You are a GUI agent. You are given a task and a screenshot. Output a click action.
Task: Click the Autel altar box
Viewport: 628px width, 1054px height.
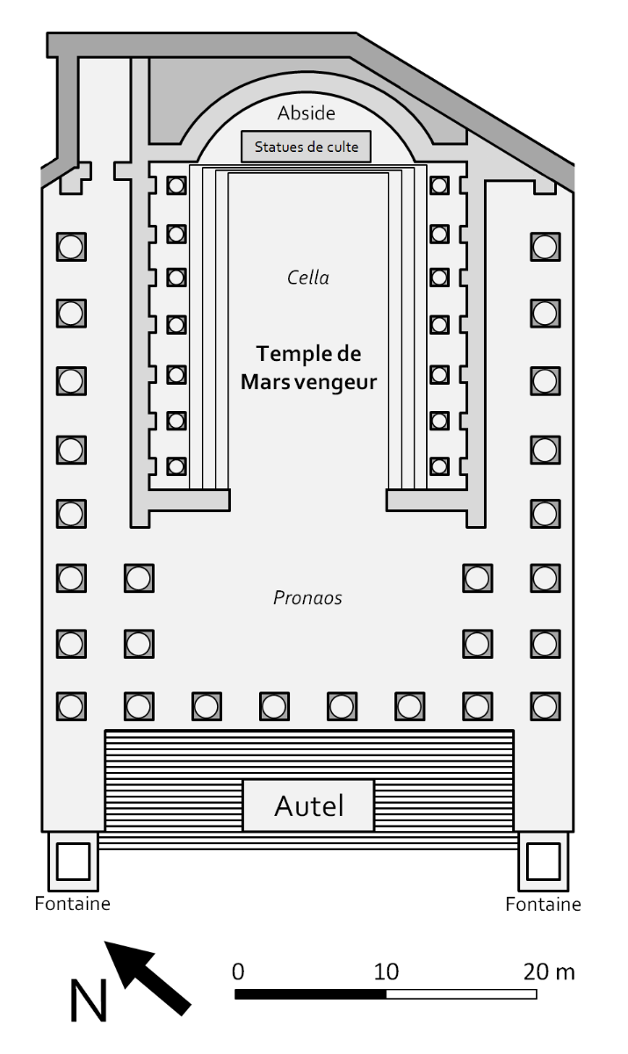308,805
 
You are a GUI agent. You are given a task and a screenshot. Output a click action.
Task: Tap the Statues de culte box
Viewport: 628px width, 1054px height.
306,147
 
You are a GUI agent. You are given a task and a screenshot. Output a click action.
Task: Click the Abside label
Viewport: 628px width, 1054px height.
307,113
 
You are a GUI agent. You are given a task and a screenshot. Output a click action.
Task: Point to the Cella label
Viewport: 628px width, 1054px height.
308,278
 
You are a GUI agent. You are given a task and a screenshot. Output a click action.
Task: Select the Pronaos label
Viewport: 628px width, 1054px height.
307,599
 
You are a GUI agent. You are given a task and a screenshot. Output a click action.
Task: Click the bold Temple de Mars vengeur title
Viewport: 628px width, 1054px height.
308,368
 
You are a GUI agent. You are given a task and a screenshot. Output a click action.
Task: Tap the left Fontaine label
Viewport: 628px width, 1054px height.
73,904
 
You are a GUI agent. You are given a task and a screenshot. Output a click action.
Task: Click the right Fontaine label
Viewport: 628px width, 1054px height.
544,904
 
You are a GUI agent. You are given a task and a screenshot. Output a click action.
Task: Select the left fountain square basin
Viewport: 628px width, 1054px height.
72,861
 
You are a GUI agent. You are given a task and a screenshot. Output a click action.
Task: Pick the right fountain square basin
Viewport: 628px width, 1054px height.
544,861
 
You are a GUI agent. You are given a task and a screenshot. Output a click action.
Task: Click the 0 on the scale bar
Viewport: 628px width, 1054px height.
238,972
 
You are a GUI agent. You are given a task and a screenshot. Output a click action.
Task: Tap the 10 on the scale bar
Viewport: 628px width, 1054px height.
386,972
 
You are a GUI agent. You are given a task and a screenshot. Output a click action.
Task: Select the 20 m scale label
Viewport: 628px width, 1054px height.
548,972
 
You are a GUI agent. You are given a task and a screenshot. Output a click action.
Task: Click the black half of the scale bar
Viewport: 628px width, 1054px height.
311,994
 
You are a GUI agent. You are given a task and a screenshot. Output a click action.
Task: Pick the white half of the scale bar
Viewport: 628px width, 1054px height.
461,994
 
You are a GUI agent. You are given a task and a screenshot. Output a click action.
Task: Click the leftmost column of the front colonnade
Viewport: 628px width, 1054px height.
71,705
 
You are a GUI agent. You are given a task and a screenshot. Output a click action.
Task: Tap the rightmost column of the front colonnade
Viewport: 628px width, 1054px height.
545,705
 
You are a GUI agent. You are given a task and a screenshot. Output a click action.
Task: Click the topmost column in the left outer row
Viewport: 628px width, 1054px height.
71,247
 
